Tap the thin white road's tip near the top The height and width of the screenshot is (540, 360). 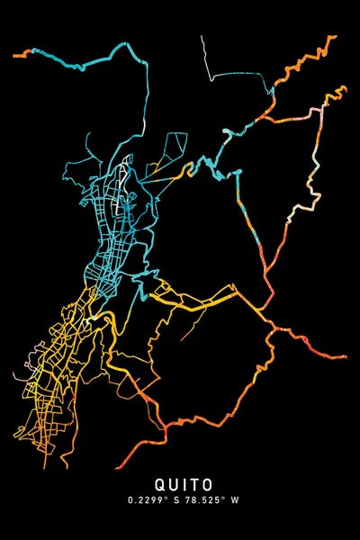pyautogui.click(x=202, y=37)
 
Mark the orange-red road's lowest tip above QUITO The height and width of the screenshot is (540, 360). pyautogui.click(x=118, y=467)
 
